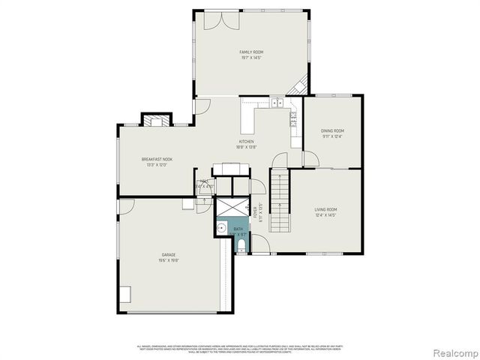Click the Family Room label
(251, 52)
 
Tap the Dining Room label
(333, 130)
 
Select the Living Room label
(325, 209)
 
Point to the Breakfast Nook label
(157, 159)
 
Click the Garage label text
(168, 255)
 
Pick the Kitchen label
(247, 142)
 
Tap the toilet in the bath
(241, 243)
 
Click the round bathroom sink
(221, 229)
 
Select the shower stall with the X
(228, 207)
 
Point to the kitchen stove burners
(294, 118)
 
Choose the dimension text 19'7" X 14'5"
(251, 58)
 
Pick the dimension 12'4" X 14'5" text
(325, 215)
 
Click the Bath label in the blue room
(238, 229)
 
